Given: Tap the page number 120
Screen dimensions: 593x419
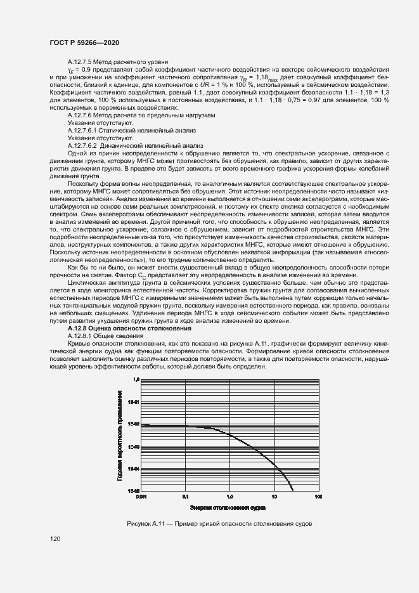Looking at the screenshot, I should click(55, 539).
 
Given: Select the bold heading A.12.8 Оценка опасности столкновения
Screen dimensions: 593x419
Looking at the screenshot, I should click(129, 329).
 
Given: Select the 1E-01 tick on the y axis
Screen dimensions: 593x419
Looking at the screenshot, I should click(134, 402).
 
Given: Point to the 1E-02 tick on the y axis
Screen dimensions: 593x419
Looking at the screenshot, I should click(134, 424).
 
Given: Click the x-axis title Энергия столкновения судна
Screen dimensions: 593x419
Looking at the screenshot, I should click(228, 508).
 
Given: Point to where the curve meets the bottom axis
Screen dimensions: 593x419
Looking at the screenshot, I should click(292, 491).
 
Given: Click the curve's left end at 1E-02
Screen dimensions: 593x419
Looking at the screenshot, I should click(142, 425).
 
